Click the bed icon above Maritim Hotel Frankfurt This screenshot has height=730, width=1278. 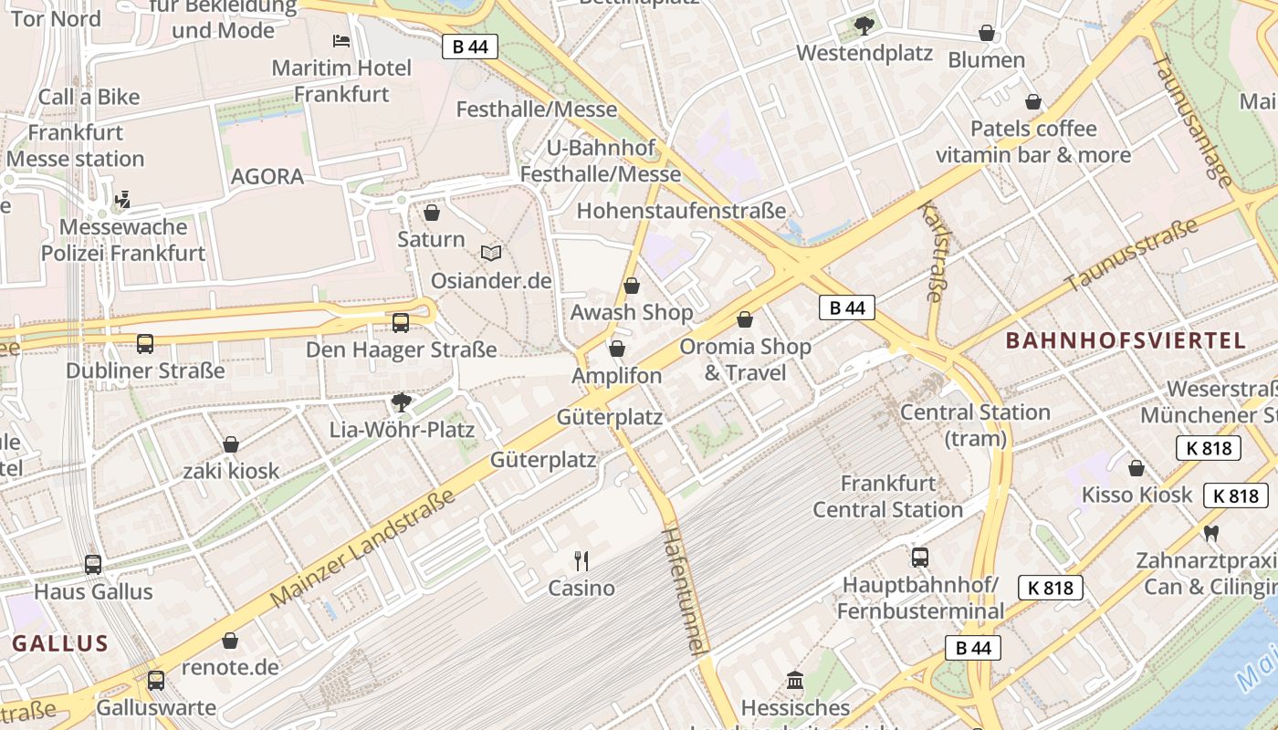340,41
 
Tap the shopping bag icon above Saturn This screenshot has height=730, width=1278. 432,213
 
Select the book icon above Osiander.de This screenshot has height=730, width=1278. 491,254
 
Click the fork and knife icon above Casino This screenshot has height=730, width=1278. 581,560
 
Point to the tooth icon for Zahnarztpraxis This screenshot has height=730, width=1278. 1211,533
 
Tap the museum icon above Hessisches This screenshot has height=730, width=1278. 795,681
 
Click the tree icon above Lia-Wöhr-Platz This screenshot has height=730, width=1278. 401,402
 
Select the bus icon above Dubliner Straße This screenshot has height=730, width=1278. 145,344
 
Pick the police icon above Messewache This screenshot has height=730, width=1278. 122,200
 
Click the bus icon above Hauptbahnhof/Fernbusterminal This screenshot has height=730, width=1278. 920,557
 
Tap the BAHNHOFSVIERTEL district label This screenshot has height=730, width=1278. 1126,341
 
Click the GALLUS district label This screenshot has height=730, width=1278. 60,643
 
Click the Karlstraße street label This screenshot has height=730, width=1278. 932,252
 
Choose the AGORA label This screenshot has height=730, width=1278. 267,177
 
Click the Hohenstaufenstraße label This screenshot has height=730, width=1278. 681,211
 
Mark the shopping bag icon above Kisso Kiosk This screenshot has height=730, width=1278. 1137,468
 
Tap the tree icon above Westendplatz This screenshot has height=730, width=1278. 864,26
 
